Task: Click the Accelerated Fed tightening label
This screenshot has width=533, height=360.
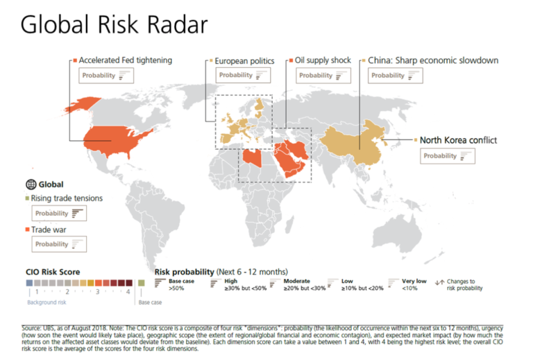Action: (125, 60)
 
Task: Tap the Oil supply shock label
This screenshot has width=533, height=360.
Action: (323, 60)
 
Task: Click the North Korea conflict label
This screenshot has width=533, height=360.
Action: (458, 140)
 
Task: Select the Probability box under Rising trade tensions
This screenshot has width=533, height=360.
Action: (59, 214)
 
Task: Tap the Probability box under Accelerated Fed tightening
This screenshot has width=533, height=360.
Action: (104, 76)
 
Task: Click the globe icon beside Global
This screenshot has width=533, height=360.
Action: (30, 185)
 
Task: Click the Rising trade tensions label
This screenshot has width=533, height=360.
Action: (67, 198)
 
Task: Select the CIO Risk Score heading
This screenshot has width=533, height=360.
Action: (53, 271)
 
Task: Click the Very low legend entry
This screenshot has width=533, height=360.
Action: (414, 284)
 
